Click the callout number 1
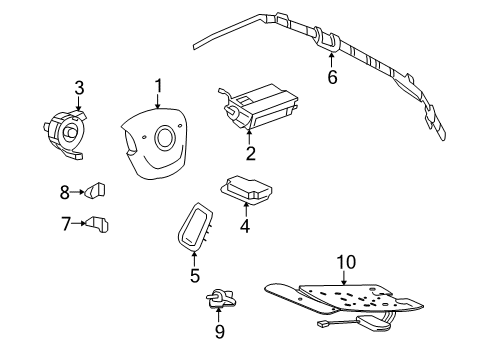157,87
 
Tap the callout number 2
250,153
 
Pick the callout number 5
194,274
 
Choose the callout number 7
65,224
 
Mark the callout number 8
65,190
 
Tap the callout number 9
219,331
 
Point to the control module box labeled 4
248,187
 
